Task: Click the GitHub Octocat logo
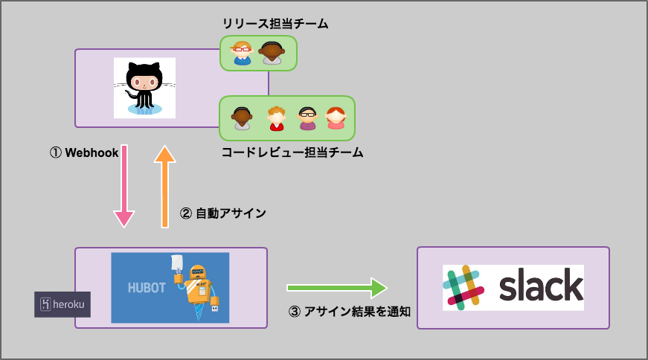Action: (144, 87)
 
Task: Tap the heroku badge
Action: (62, 304)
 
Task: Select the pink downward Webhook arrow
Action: (124, 186)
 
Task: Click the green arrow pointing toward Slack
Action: (337, 288)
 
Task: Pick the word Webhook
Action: (92, 152)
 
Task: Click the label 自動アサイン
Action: (231, 213)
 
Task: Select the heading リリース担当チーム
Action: (275, 24)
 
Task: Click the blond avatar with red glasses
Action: (242, 53)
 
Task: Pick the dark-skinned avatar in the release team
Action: (272, 53)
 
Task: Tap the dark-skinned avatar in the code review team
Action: (242, 118)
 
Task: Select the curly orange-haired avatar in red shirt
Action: (277, 118)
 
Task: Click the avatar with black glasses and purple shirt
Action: (307, 118)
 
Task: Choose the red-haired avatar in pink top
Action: (336, 118)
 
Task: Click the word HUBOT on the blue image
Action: (146, 287)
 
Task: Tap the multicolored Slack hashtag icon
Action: (464, 287)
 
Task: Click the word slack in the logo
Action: (540, 287)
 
